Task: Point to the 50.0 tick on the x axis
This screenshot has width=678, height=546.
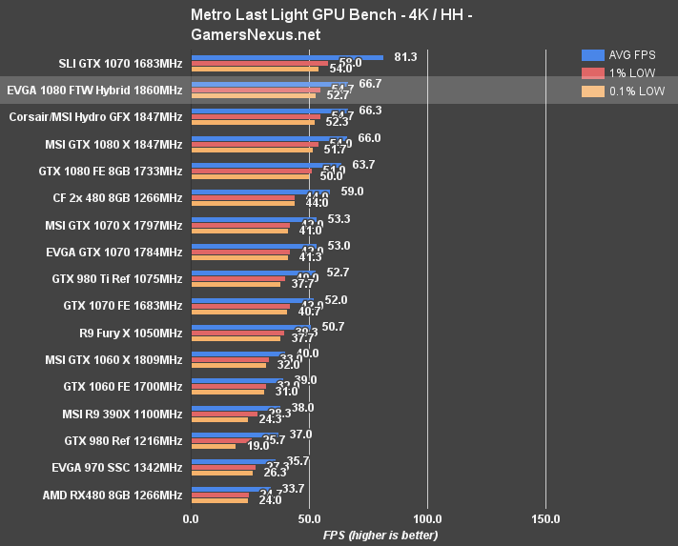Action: coord(309,519)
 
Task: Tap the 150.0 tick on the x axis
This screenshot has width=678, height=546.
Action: coord(545,519)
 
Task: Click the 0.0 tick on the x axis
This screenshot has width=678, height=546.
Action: coord(191,519)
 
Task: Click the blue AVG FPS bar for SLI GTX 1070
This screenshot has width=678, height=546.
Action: coord(286,57)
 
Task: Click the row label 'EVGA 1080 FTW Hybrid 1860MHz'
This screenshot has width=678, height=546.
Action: coord(94,90)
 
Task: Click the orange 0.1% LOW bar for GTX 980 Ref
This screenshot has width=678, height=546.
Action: coord(213,445)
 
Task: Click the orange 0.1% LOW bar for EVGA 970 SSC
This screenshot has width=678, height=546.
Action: coord(221,472)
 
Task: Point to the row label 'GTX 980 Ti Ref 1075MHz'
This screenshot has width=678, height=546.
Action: coord(117,279)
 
